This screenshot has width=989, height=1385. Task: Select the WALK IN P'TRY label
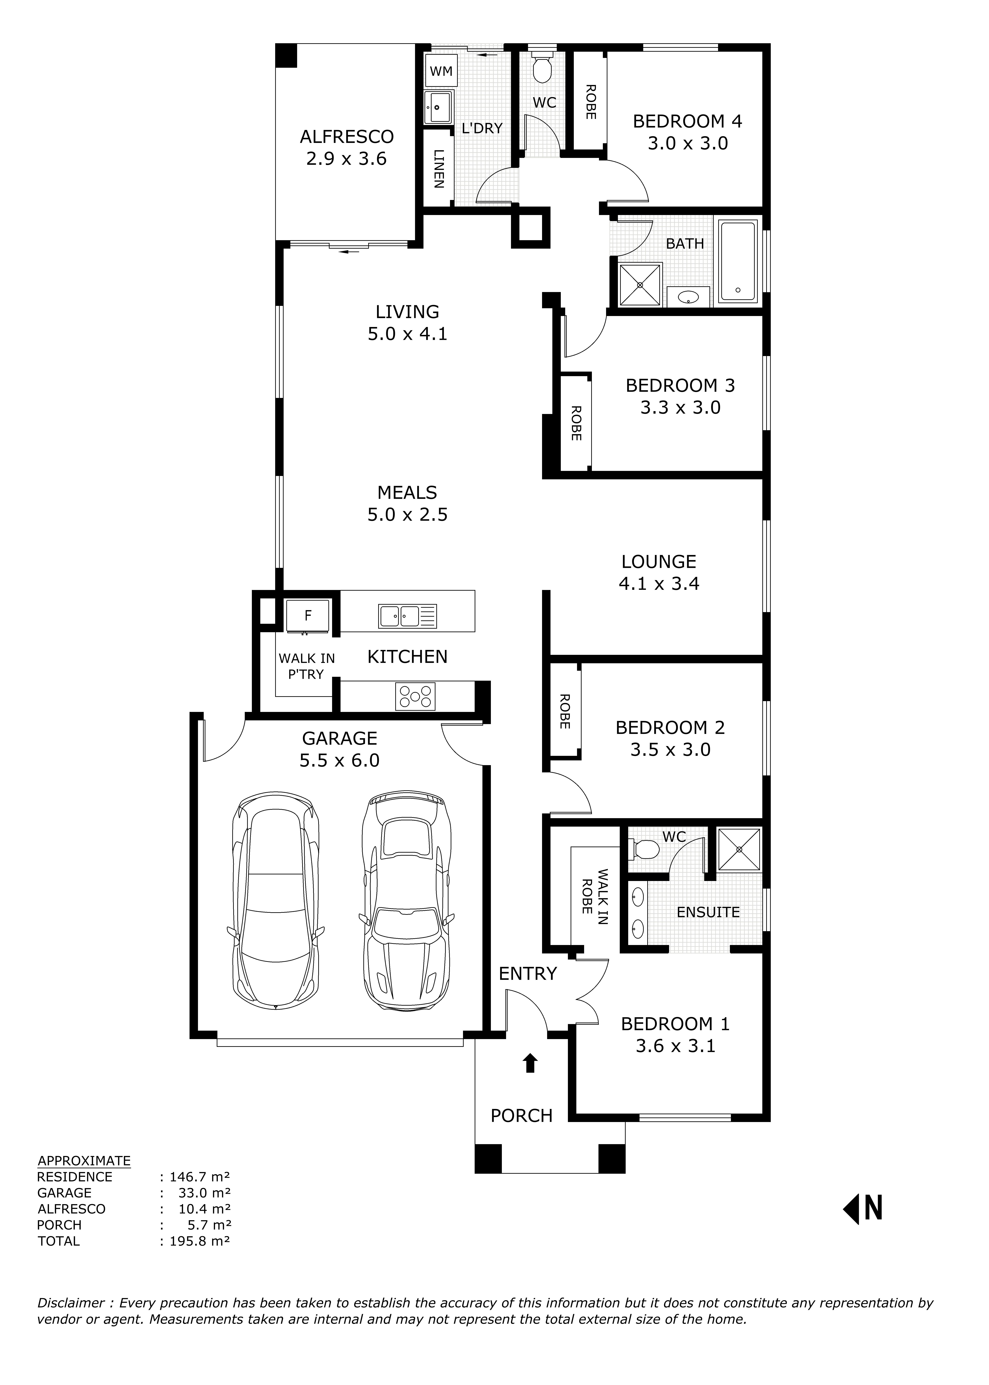306,666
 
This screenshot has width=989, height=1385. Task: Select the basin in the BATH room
688,297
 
